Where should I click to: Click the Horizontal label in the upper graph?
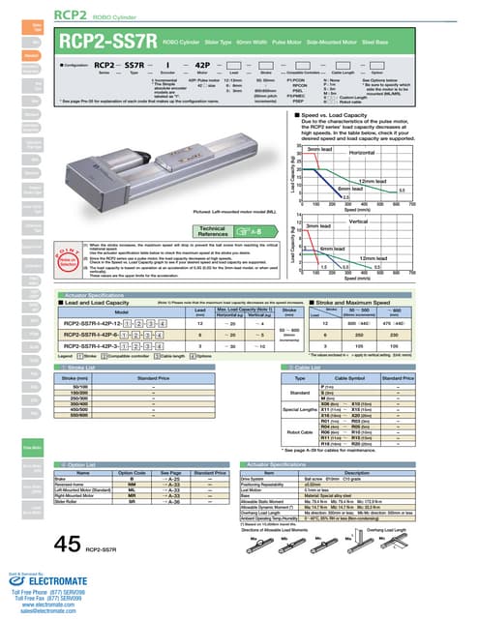(363, 153)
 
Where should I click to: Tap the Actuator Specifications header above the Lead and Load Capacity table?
(104, 289)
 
